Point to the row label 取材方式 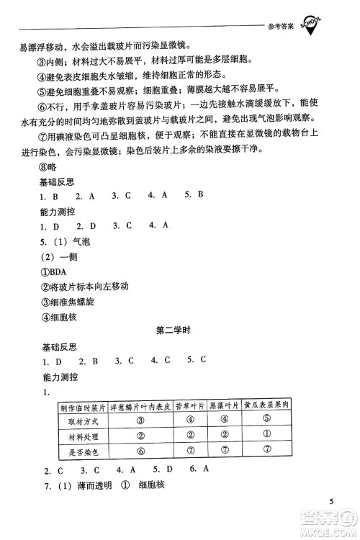point(84,420)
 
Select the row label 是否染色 point(84,451)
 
